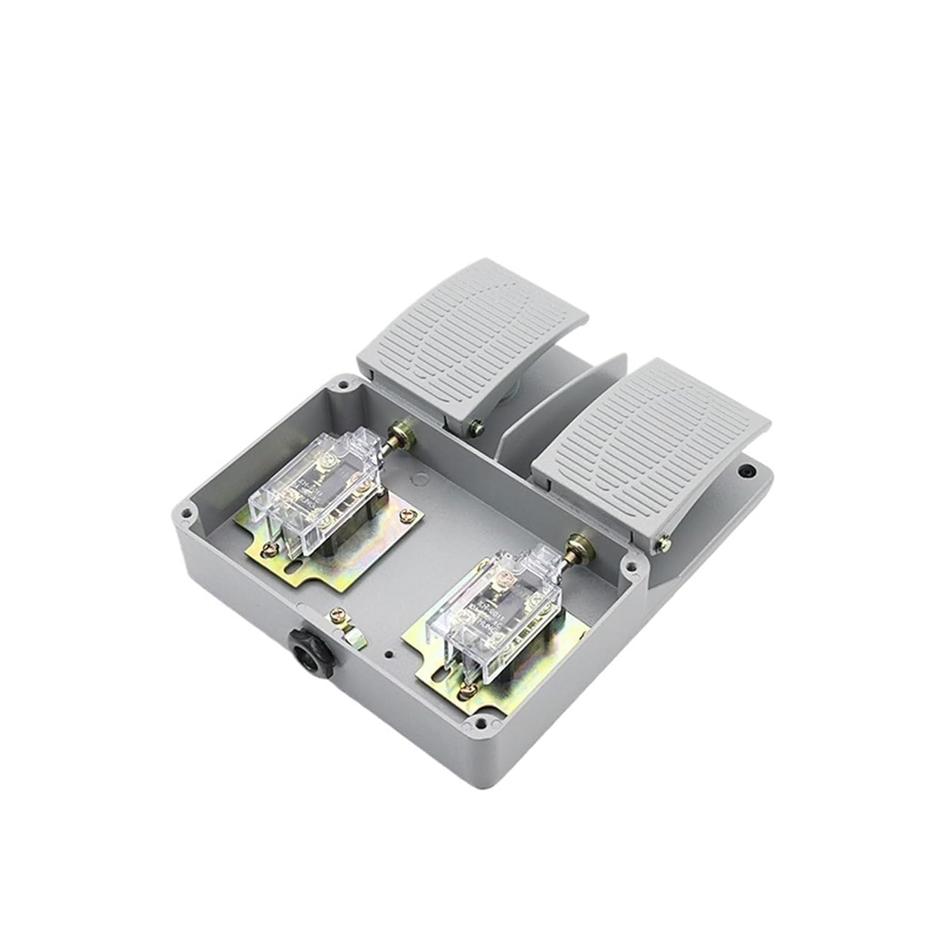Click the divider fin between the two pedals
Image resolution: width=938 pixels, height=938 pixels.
point(563,400)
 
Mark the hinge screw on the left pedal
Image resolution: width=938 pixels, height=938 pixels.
point(477,427)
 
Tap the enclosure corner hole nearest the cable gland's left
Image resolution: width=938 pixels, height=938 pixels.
point(186,515)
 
